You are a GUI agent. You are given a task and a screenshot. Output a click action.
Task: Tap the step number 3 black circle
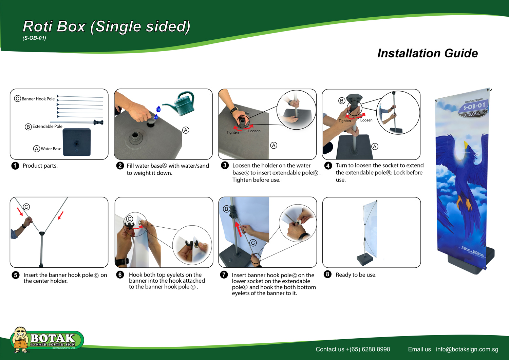click(x=225, y=165)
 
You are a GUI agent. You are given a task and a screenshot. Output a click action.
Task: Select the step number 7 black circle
click(x=224, y=274)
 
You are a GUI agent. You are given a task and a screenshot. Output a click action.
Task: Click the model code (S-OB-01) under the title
click(x=34, y=38)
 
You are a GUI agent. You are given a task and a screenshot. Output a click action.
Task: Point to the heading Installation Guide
click(x=428, y=53)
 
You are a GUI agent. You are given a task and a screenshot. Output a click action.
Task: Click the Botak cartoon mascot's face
click(x=20, y=334)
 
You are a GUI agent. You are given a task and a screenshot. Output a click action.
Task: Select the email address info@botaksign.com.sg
click(x=467, y=349)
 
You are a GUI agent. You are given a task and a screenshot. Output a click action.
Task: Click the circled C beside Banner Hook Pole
click(x=18, y=99)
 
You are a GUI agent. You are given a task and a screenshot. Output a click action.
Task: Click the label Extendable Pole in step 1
click(x=47, y=126)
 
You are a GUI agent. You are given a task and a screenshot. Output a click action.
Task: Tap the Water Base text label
click(x=51, y=149)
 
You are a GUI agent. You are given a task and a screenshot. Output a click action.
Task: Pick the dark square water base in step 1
click(x=77, y=142)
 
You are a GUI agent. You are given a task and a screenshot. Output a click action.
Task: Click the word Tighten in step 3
click(x=232, y=132)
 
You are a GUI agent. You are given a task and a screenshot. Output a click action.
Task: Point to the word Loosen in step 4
click(x=366, y=120)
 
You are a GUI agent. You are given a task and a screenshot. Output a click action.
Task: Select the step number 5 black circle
click(x=16, y=275)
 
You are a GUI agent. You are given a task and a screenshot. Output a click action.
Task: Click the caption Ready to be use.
click(x=356, y=275)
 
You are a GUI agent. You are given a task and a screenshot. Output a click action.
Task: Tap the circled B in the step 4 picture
click(x=341, y=101)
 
